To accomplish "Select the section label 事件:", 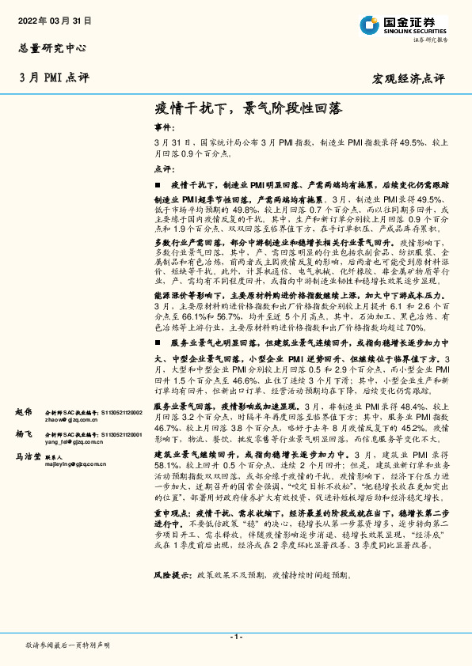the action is pos(162,127).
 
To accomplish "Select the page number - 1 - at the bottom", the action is pos(235,637).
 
